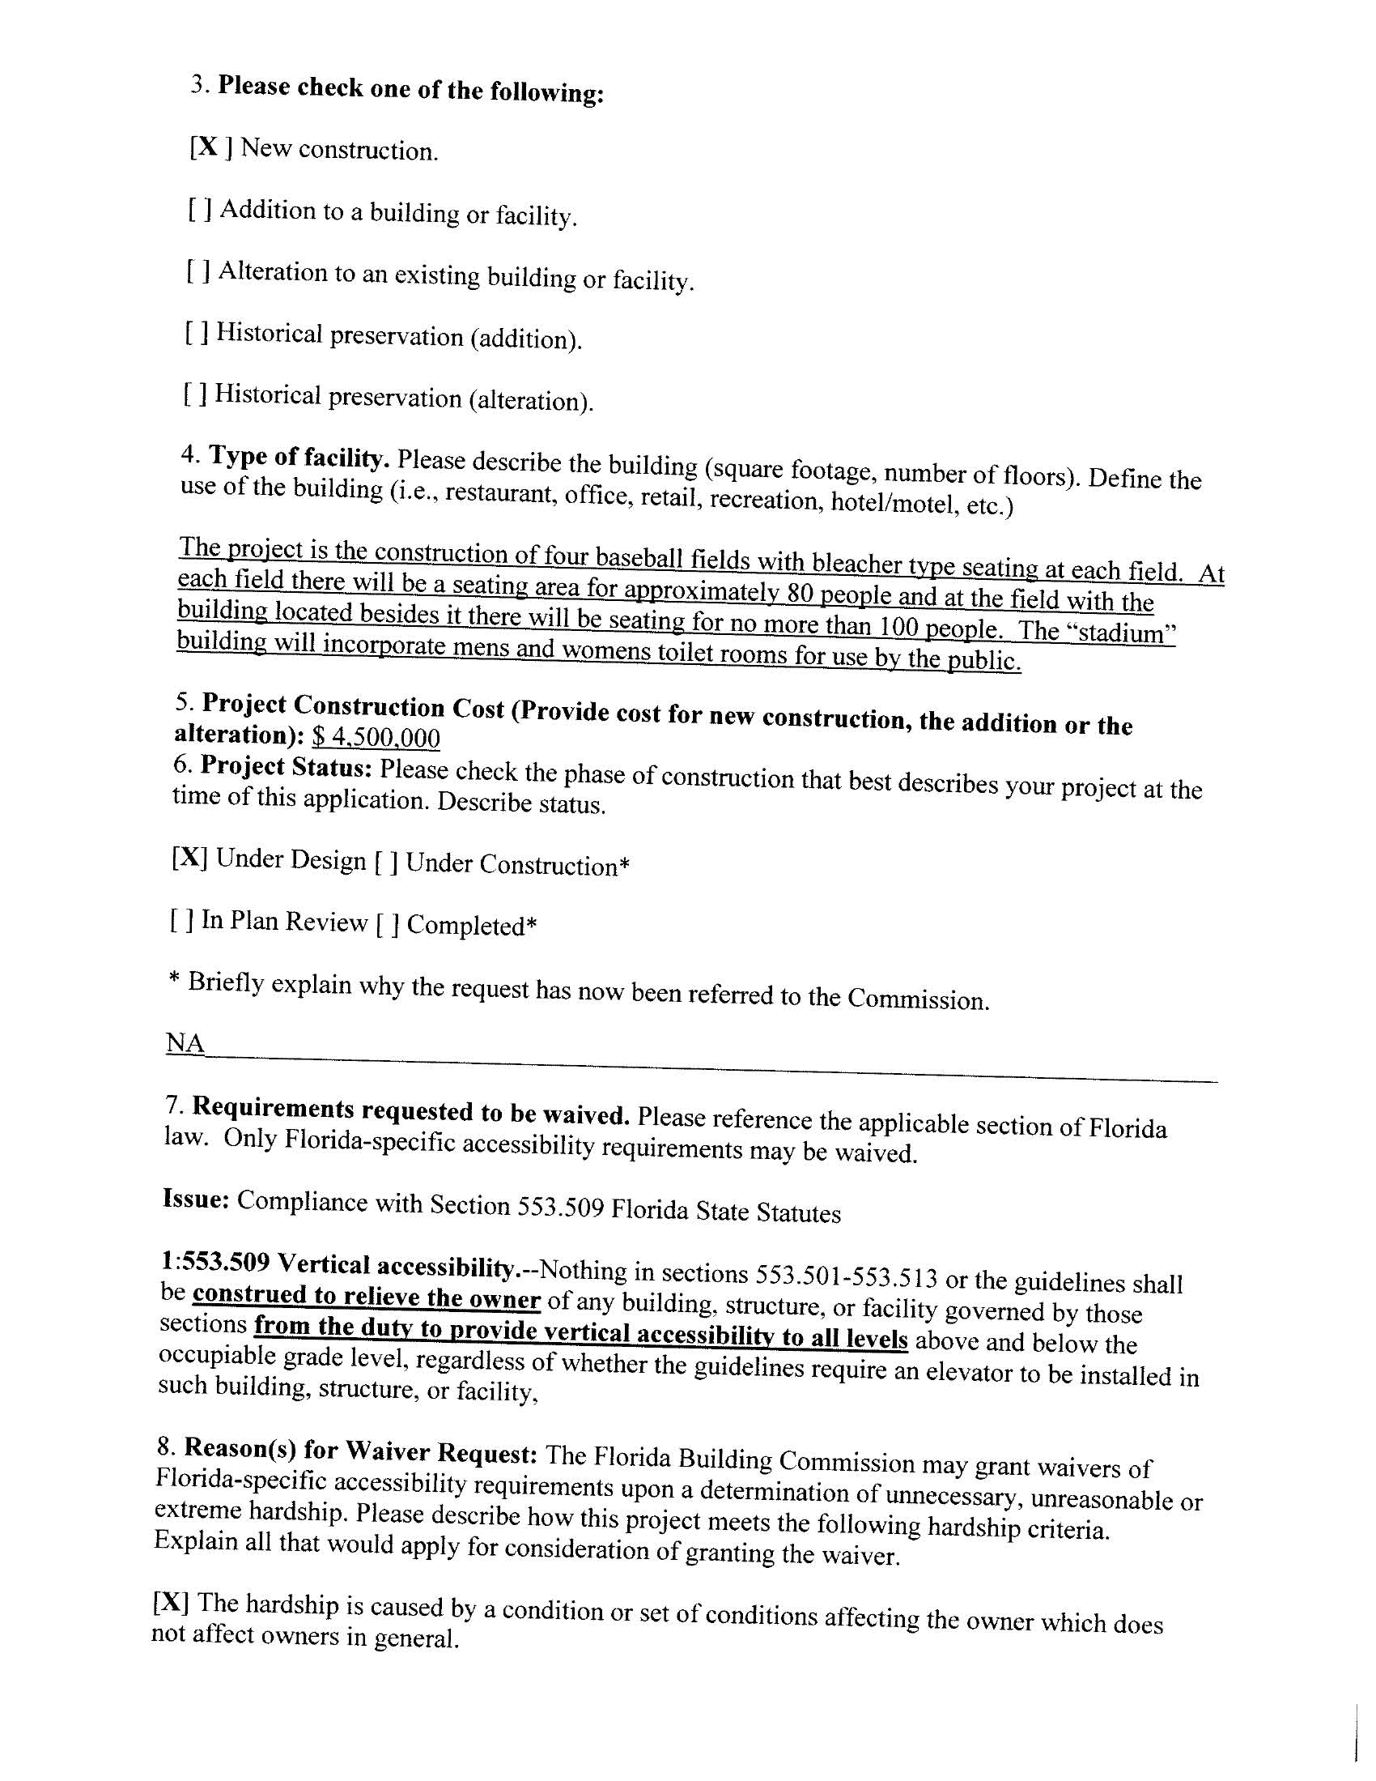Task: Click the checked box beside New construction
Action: tap(210, 147)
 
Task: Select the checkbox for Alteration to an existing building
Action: tap(199, 271)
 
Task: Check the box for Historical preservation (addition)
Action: tap(197, 332)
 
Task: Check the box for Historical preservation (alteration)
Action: tap(195, 394)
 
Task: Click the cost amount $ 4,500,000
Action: tap(376, 738)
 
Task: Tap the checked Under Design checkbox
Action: tap(189, 857)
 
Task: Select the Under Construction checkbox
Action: tap(386, 862)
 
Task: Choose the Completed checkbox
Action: tap(387, 925)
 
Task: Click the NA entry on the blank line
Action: tap(185, 1043)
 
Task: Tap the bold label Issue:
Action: tap(196, 1199)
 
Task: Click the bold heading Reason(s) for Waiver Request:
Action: tap(360, 1451)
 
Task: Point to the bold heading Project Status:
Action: tap(287, 767)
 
